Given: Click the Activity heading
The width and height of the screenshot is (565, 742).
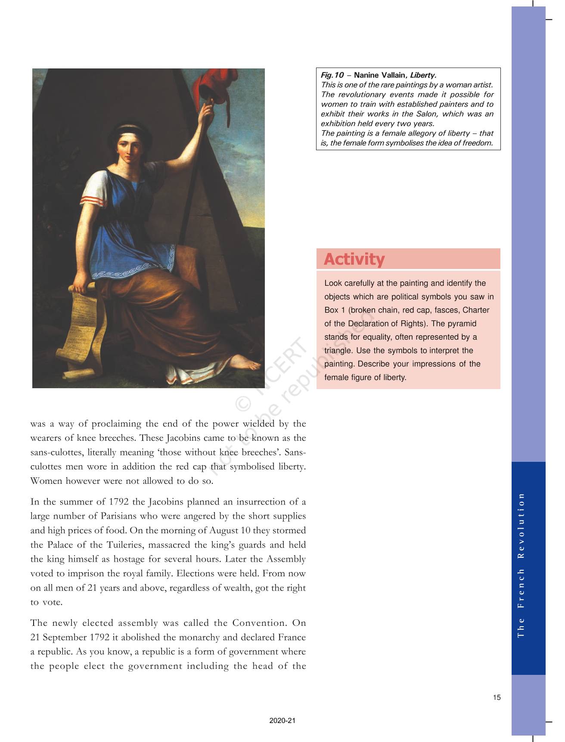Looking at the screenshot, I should point(354,259).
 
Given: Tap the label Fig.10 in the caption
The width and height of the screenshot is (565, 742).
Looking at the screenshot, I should point(332,75).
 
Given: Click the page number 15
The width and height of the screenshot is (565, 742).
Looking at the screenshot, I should point(497,698).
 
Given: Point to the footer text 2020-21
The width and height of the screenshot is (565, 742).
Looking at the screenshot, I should point(282,721).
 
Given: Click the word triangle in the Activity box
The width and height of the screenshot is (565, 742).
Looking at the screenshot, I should point(338,351).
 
